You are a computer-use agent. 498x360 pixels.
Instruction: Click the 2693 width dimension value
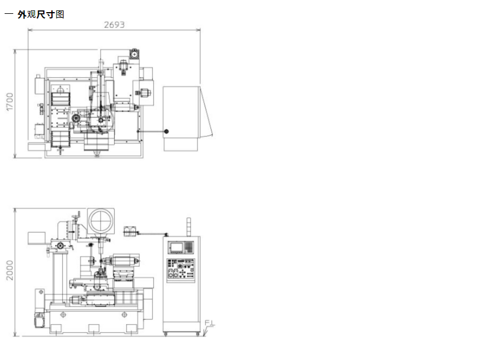(114, 24)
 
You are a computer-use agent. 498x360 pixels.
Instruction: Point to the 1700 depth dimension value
(10, 102)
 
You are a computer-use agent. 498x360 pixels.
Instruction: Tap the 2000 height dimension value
(10, 271)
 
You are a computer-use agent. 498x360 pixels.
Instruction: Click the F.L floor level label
(210, 323)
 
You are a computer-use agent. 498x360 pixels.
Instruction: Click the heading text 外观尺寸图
(41, 14)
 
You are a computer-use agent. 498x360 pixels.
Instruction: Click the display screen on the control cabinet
(176, 247)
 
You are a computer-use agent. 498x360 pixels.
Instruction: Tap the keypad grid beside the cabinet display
(189, 247)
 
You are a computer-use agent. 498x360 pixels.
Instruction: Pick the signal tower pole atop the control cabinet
(188, 227)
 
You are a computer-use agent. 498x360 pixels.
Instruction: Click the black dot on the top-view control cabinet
(166, 132)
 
